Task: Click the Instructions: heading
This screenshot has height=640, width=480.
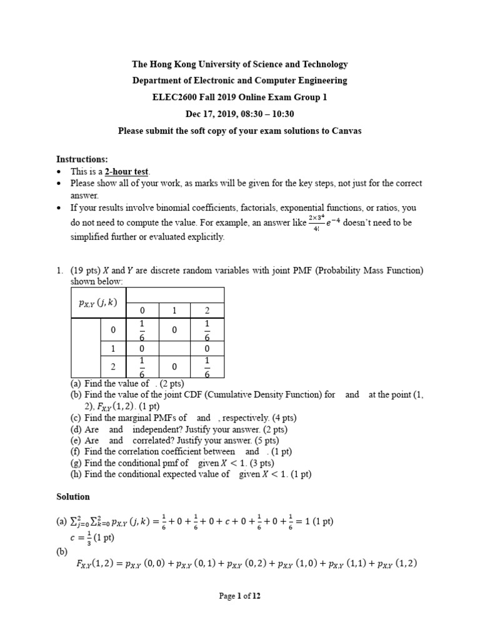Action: pos(82,159)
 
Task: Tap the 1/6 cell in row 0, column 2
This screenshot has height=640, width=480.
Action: pos(207,330)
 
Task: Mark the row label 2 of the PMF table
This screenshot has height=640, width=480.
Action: pos(113,367)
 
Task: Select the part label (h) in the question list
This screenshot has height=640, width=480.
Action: pos(76,474)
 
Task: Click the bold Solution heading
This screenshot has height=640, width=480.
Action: pos(73,496)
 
